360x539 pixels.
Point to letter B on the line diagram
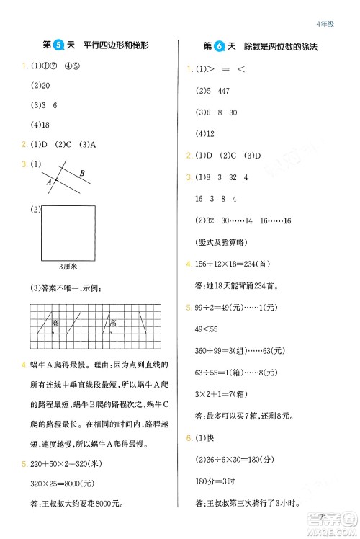82,173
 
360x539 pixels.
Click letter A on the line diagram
48,182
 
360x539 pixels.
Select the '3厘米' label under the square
68,266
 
